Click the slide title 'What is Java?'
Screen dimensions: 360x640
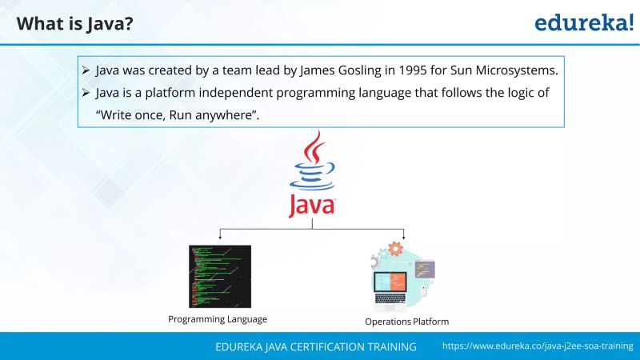click(74, 24)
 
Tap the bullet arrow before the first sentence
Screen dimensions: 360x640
click(86, 70)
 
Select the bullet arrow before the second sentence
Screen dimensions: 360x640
click(86, 93)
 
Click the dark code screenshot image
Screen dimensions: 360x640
click(219, 276)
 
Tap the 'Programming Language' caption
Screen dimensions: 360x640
click(218, 319)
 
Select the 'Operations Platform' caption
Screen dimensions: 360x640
click(406, 322)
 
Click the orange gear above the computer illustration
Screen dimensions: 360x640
click(394, 249)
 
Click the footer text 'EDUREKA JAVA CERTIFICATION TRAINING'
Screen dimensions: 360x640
click(316, 347)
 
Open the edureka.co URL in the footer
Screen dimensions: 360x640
click(537, 347)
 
